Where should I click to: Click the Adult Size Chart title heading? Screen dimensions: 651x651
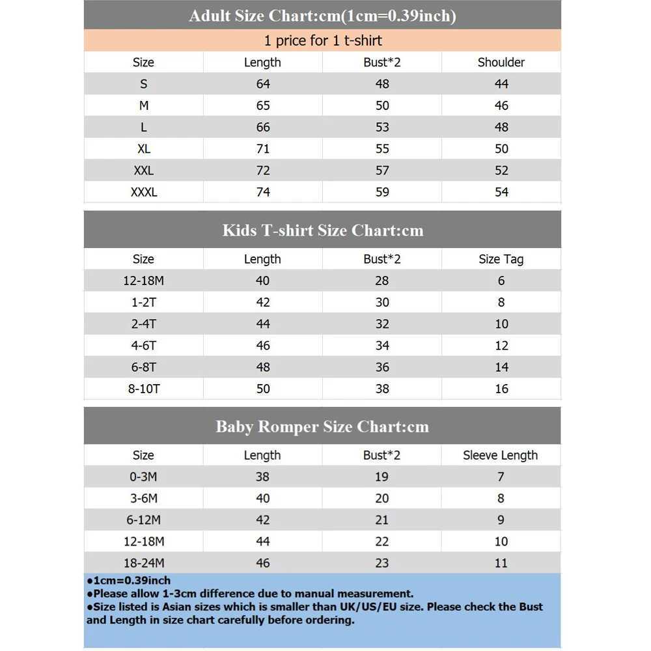(x=322, y=16)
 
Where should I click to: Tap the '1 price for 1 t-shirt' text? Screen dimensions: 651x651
(x=322, y=40)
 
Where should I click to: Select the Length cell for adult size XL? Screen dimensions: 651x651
(x=262, y=148)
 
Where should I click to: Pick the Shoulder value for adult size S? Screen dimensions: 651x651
(x=501, y=84)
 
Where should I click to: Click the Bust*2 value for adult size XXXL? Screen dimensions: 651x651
(x=382, y=192)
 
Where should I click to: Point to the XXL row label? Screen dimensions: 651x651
(x=144, y=171)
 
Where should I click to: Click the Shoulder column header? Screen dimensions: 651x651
(x=501, y=62)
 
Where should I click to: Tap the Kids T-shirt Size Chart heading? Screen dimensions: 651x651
(x=322, y=230)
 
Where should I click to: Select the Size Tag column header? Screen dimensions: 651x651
(x=501, y=259)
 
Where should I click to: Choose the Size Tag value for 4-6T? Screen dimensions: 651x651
(x=501, y=346)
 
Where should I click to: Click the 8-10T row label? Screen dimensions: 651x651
(x=144, y=389)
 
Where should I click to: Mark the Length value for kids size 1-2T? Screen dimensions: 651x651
(x=262, y=302)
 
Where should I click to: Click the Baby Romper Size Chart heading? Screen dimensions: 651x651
(x=322, y=427)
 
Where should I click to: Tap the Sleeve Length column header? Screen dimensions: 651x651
(x=501, y=455)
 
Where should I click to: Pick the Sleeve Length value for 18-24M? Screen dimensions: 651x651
(x=501, y=563)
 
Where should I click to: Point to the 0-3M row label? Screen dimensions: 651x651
(x=144, y=477)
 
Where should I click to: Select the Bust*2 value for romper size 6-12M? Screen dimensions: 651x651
(x=382, y=519)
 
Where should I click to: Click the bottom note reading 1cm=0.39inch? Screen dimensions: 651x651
(x=129, y=580)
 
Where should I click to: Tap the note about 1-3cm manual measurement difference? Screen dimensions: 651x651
(x=251, y=593)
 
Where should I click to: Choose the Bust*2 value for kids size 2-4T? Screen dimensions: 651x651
(x=382, y=324)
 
